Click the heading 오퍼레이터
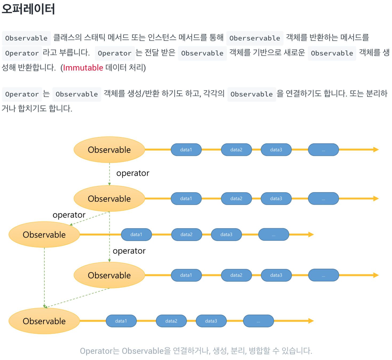(x=28, y=9)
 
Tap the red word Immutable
(x=83, y=68)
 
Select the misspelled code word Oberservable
(x=255, y=38)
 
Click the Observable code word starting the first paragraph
(x=26, y=38)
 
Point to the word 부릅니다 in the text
(x=74, y=53)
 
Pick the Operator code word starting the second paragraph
(x=22, y=94)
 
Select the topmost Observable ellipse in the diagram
(x=109, y=150)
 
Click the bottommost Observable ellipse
(x=44, y=321)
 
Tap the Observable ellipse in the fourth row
(x=109, y=275)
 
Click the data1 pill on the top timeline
(x=186, y=150)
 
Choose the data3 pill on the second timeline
(x=276, y=199)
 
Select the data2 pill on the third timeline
(x=186, y=235)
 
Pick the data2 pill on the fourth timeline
(x=236, y=275)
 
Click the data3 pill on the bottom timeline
(x=211, y=321)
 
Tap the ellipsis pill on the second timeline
(x=323, y=199)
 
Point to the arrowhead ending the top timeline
(x=376, y=150)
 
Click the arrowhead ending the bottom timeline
(x=311, y=321)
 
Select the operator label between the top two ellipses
(x=133, y=173)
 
